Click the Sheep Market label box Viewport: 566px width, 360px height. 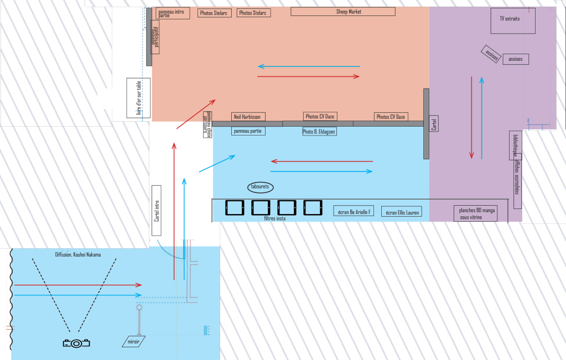click(x=343, y=12)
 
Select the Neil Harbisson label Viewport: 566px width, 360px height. click(x=248, y=117)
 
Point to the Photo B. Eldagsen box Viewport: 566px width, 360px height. click(x=319, y=132)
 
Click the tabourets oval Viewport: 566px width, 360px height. click(x=259, y=187)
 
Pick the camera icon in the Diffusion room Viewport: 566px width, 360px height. click(x=76, y=343)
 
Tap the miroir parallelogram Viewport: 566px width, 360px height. click(x=134, y=342)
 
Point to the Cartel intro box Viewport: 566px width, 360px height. click(x=157, y=211)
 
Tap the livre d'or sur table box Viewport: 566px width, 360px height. click(x=138, y=99)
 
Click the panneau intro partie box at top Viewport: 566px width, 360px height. click(x=173, y=13)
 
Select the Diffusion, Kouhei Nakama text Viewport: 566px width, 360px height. click(x=78, y=255)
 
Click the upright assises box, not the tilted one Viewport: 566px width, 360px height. click(x=515, y=59)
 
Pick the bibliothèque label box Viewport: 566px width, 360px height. click(x=515, y=145)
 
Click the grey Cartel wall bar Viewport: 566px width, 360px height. click(x=427, y=124)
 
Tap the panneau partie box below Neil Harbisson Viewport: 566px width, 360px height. click(x=248, y=131)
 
